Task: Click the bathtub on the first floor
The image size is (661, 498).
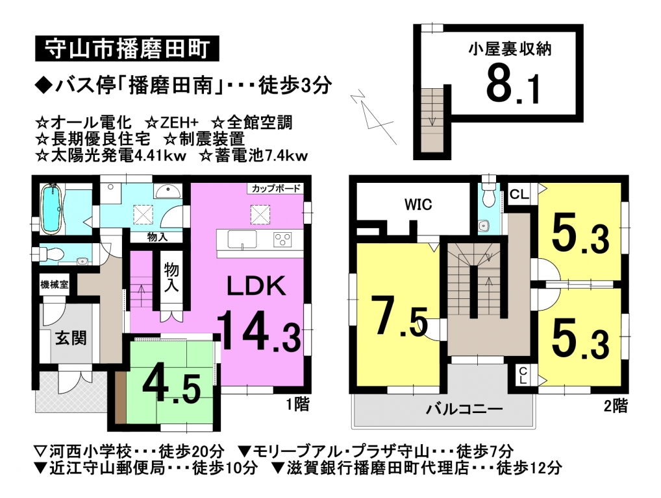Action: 52,208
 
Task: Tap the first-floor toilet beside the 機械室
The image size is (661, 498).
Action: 49,254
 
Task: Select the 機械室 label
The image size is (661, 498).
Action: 55,285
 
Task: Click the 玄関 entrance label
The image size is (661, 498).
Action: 71,338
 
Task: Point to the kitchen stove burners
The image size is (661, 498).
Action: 282,239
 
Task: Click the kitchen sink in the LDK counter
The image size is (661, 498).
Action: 242,239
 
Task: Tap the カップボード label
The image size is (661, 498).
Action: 276,188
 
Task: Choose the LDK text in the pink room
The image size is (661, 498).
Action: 256,286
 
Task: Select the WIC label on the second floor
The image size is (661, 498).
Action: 418,205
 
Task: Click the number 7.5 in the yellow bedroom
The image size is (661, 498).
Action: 399,316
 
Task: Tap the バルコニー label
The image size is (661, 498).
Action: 464,409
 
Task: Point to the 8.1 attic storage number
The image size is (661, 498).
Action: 512,87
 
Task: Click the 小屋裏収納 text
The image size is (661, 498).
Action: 510,49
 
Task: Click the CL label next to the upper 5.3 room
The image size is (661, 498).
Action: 519,194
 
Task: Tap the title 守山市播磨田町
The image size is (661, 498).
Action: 127,49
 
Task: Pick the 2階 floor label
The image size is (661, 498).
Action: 616,406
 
